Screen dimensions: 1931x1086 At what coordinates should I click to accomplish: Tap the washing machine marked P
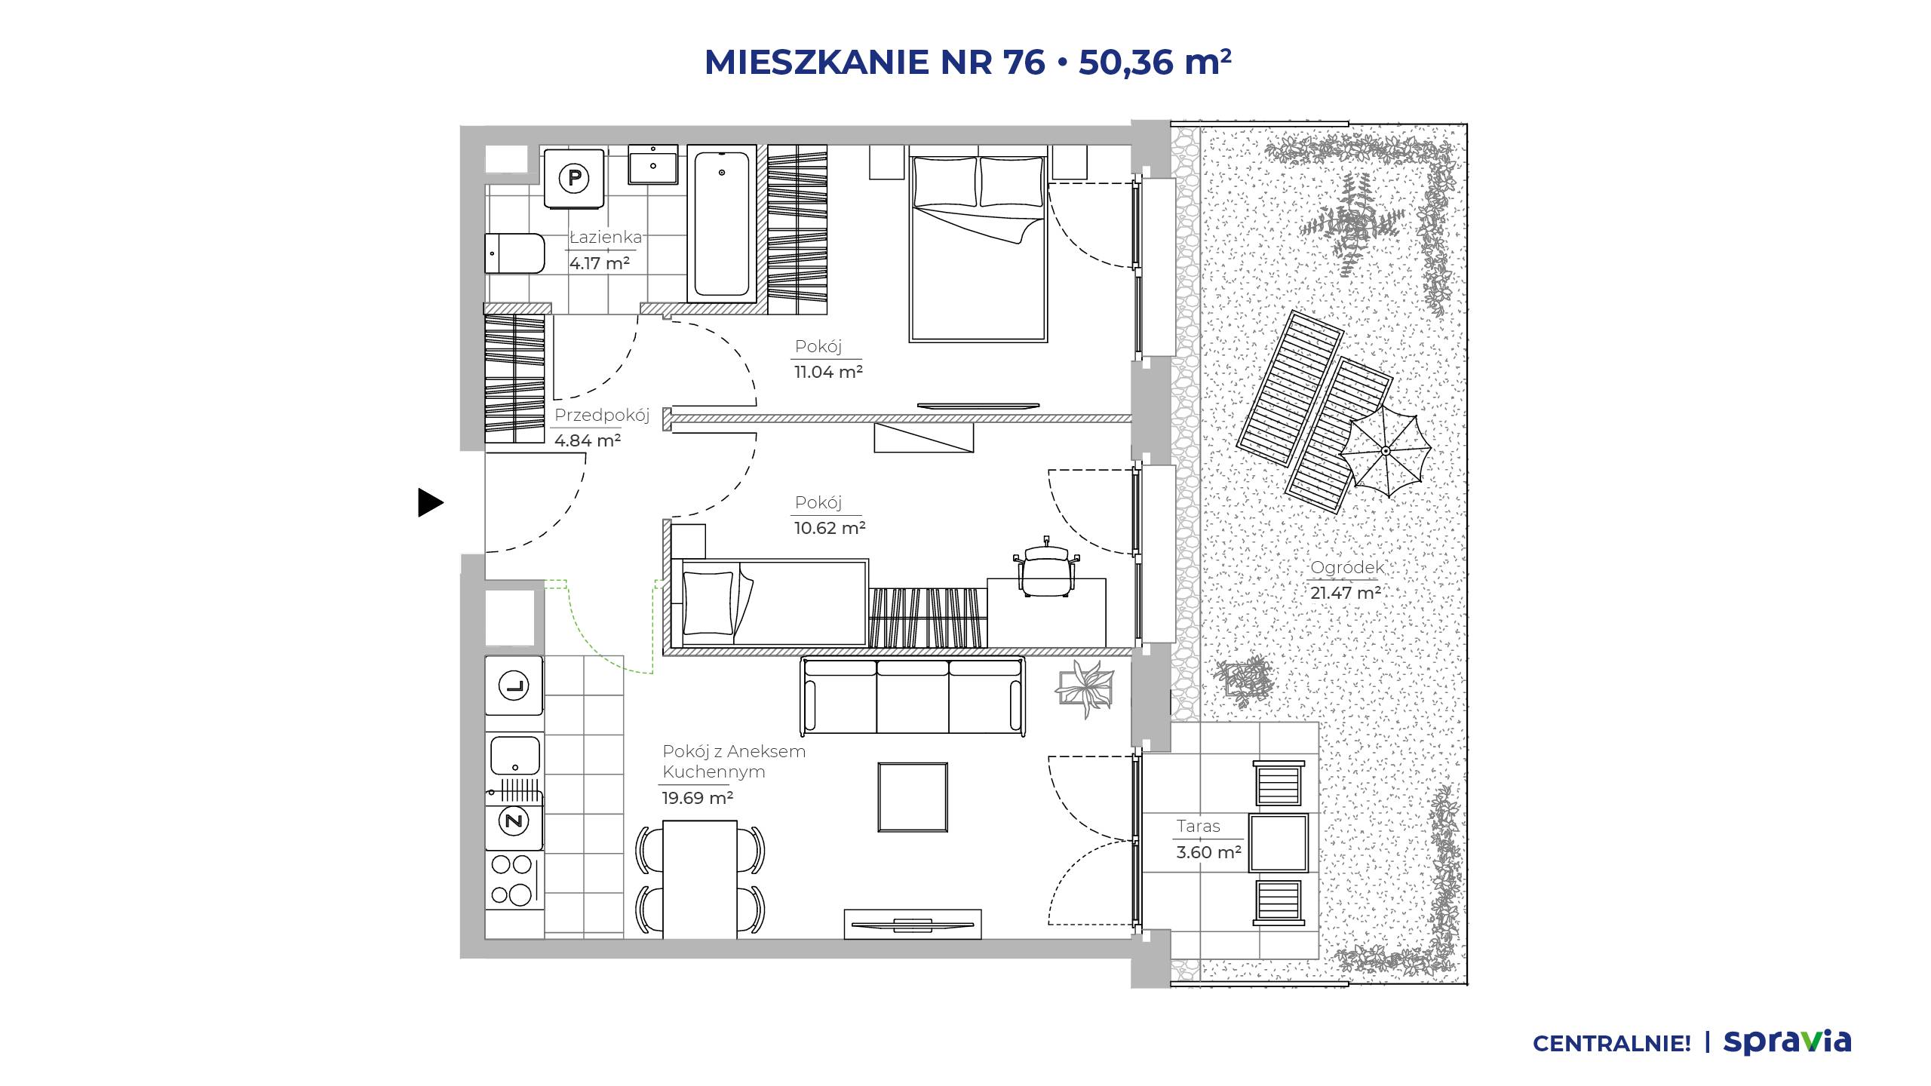tap(574, 178)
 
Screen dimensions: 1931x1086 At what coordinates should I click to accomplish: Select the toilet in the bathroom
tap(514, 253)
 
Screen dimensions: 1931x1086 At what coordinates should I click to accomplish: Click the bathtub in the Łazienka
tap(722, 223)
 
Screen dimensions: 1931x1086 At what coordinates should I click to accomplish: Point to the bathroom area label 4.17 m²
tap(600, 263)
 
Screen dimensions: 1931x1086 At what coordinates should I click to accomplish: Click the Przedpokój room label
tap(602, 415)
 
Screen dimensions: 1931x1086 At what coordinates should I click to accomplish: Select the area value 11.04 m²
tap(828, 372)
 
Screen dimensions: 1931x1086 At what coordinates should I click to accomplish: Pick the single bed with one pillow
tap(769, 603)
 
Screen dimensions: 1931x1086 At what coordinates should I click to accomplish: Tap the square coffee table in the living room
tap(913, 797)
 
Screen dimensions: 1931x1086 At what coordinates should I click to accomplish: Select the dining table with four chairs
tap(700, 879)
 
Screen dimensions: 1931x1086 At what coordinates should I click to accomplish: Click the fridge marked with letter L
tap(514, 686)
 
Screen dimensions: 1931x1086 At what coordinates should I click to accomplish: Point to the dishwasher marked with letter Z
tap(514, 821)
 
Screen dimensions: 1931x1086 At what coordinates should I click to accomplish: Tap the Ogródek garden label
tap(1347, 568)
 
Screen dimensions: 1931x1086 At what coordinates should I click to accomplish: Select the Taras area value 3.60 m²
tap(1208, 852)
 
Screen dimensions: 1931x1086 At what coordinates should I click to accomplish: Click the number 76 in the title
tap(1024, 62)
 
